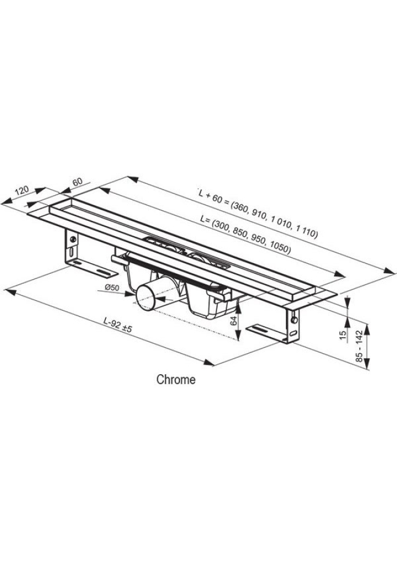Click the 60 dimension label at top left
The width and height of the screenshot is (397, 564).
(x=78, y=182)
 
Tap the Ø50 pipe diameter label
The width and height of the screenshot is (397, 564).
(x=112, y=287)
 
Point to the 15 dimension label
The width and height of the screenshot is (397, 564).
(x=343, y=334)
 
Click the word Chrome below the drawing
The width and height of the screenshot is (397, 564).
(x=176, y=380)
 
